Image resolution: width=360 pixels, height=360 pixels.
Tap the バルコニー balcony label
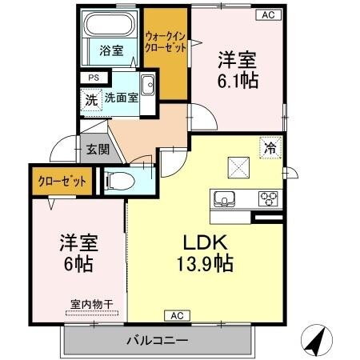tap(157, 341)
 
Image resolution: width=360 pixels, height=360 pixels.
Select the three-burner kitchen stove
tap(267, 198)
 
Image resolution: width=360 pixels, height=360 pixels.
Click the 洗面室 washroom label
tap(119, 101)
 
